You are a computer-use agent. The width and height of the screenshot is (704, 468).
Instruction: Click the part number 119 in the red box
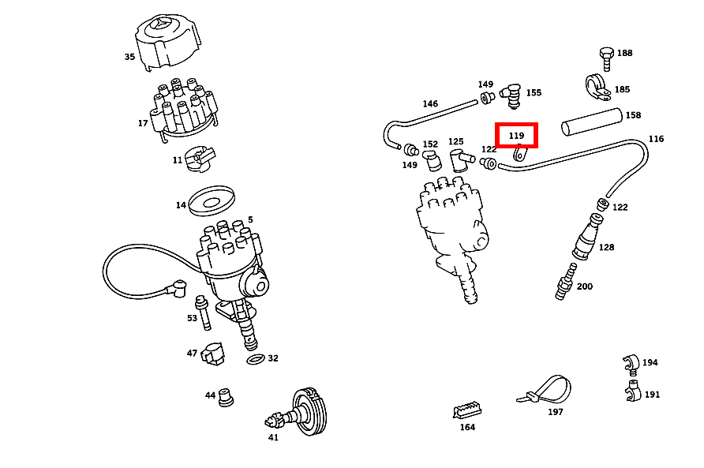516,135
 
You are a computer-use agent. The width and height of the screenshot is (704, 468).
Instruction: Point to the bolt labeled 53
204,313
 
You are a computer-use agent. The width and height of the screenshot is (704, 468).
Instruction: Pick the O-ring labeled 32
256,360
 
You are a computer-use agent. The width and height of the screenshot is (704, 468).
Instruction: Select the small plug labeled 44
227,396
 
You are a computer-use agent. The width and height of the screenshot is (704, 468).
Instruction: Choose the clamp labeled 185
597,88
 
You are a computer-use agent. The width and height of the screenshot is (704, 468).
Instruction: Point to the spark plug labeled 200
565,284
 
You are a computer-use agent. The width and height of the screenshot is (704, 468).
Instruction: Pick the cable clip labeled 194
628,362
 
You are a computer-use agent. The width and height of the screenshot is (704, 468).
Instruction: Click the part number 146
430,103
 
